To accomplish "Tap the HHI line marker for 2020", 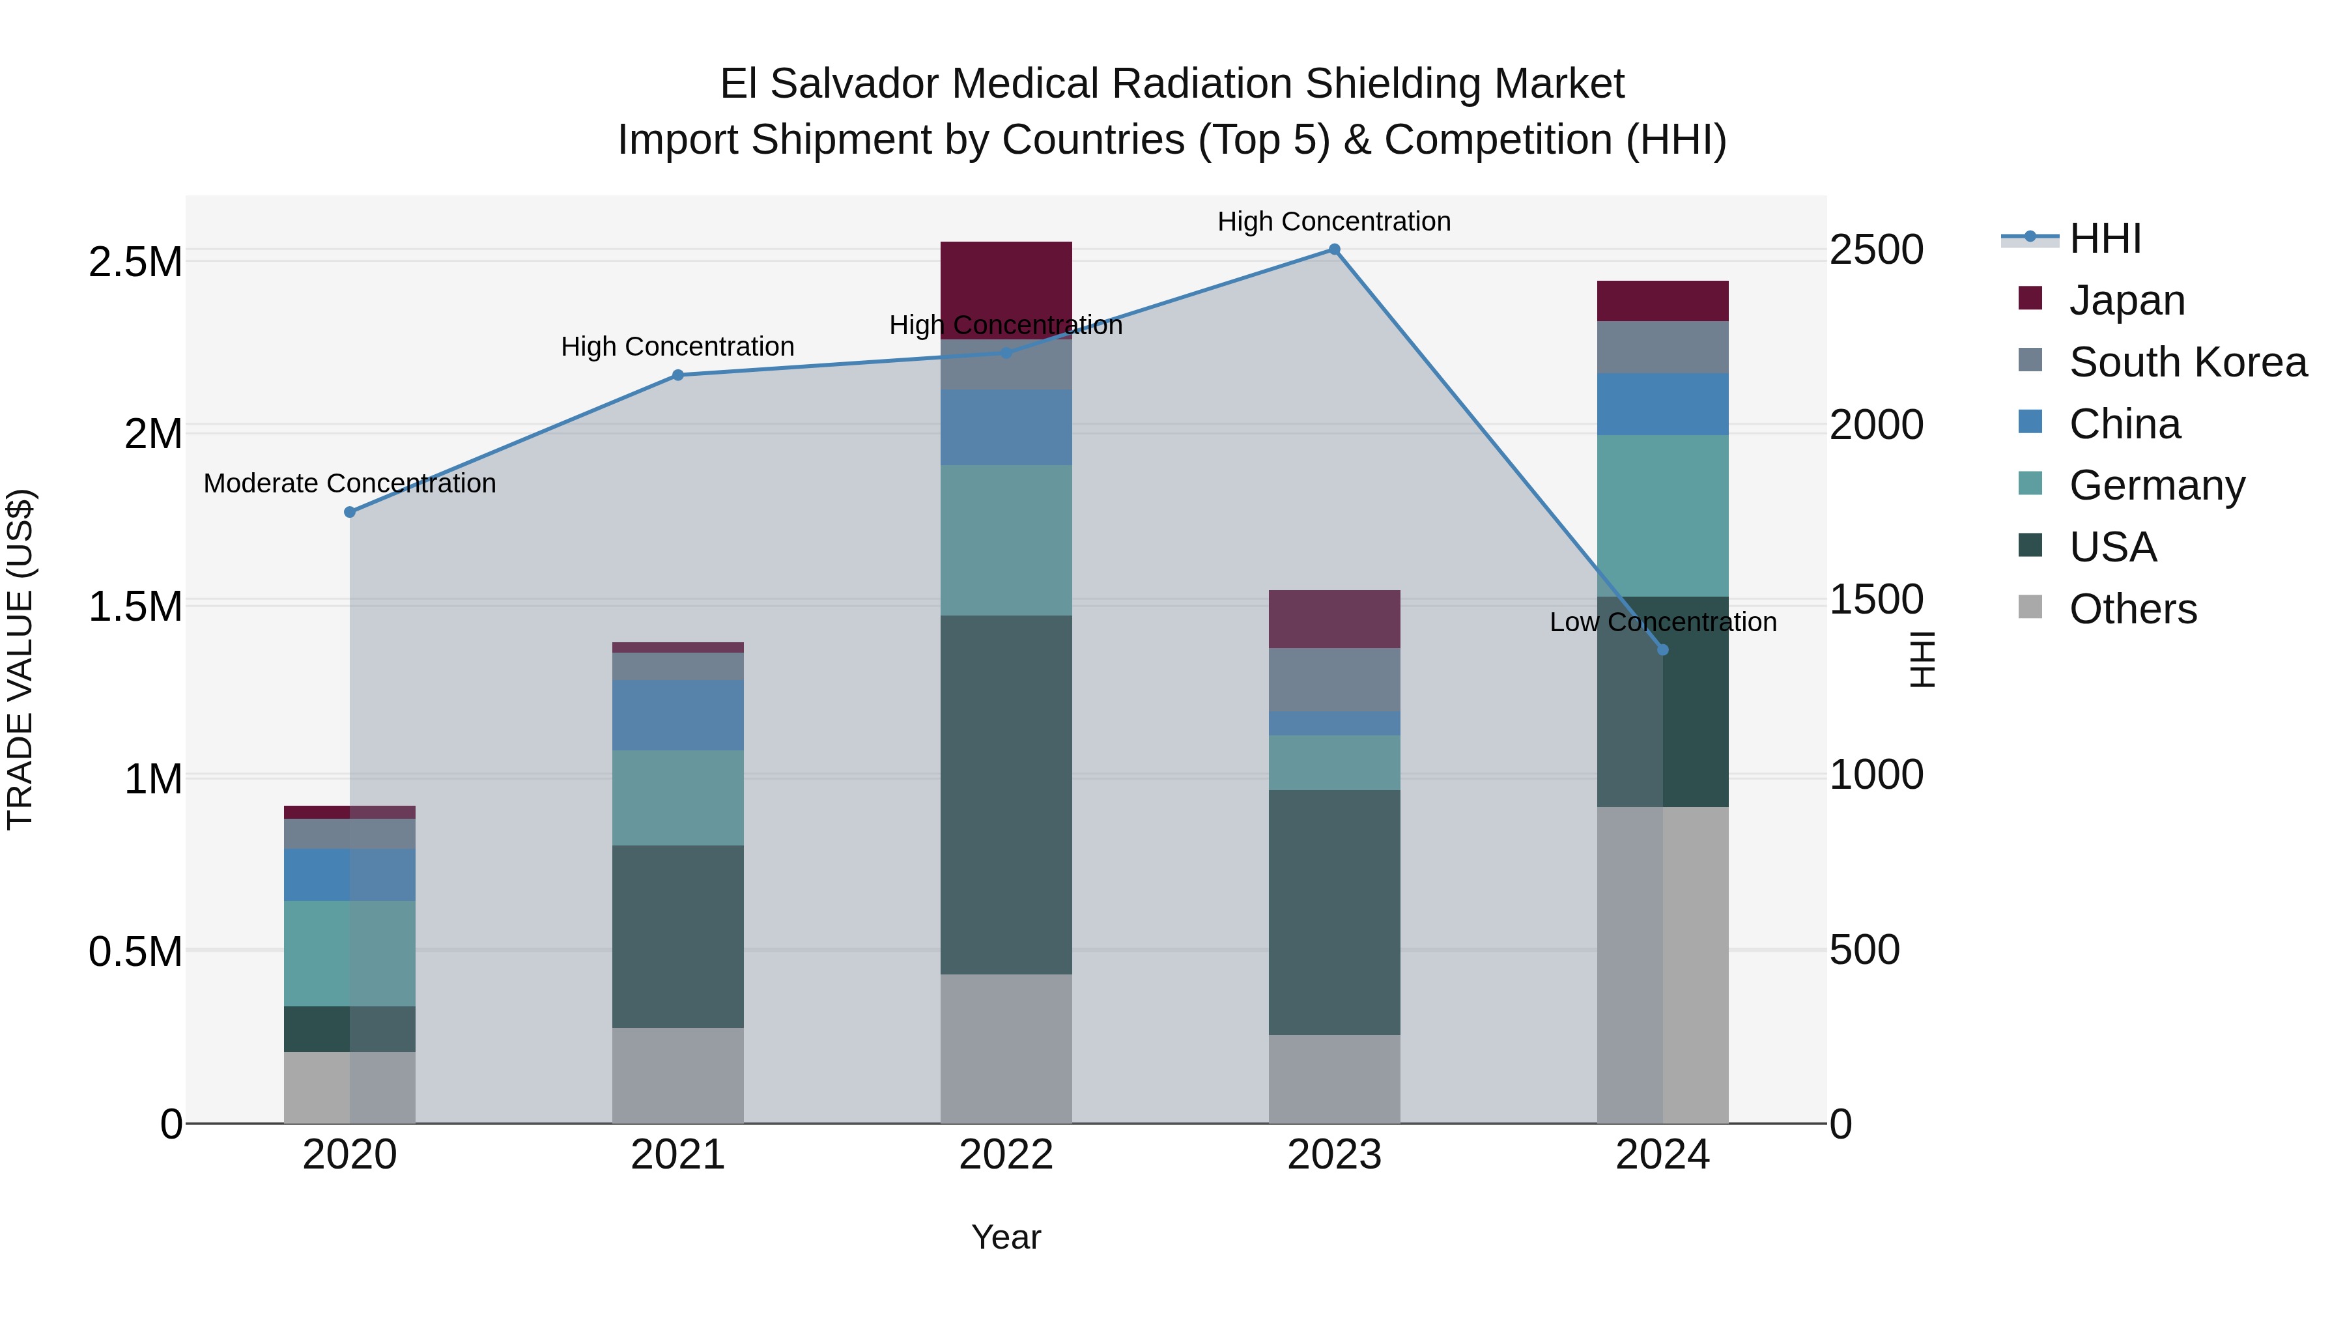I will point(350,511).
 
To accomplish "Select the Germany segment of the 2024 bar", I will point(1662,515).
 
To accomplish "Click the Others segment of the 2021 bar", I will point(677,1075).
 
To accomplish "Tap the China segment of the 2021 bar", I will point(677,715).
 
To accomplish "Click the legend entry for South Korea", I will point(2187,362).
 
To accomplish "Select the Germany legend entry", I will point(2157,485).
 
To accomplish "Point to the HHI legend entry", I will point(2105,238).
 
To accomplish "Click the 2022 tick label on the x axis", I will point(1006,1155).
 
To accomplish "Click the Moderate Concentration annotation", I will point(350,483).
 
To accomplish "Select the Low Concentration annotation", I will point(1662,623).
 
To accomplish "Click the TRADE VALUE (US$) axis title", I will point(20,659).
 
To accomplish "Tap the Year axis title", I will point(1006,1237).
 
